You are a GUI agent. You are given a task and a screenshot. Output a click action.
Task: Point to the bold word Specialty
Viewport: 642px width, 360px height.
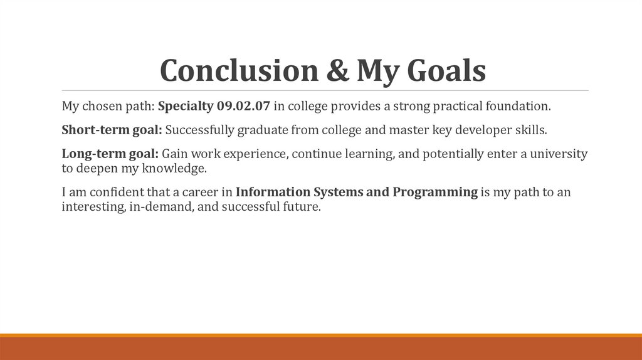(186, 106)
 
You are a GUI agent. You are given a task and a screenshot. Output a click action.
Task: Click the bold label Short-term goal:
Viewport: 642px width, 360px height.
(112, 130)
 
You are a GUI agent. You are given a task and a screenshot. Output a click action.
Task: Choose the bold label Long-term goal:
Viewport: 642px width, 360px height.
(110, 154)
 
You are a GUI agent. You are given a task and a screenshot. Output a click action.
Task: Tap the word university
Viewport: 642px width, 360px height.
(559, 154)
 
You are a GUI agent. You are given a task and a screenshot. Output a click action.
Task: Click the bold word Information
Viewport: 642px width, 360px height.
(272, 193)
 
